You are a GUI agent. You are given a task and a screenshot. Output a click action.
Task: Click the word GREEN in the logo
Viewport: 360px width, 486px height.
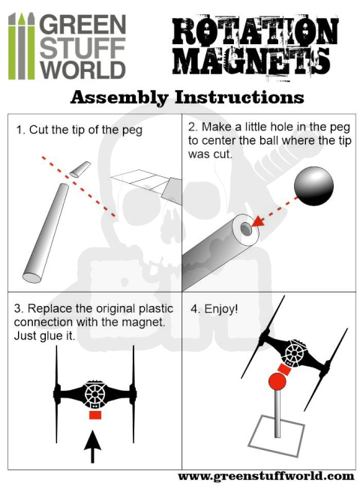(x=82, y=25)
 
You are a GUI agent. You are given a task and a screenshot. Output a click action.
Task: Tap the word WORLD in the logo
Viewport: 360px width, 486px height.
(x=82, y=70)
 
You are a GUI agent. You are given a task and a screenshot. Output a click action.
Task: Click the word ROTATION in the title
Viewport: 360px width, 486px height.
(x=255, y=31)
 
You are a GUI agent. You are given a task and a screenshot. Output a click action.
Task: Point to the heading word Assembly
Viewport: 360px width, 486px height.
(x=119, y=97)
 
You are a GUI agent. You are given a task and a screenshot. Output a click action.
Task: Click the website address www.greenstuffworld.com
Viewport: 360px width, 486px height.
(x=265, y=476)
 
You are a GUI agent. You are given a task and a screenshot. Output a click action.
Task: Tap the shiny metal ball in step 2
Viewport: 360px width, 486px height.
(x=313, y=186)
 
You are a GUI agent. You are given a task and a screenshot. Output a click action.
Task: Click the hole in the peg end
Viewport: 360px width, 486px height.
(x=246, y=229)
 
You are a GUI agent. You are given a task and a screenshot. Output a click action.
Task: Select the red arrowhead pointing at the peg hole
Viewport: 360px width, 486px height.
(x=258, y=221)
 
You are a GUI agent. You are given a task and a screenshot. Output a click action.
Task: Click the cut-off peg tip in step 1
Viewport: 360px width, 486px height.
(x=80, y=169)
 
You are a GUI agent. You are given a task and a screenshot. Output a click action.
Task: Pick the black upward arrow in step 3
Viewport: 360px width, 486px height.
(x=92, y=446)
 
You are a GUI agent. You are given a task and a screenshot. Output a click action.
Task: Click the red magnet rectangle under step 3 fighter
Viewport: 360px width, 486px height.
(x=95, y=415)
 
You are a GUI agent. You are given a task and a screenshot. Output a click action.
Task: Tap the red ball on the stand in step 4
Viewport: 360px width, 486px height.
(x=277, y=382)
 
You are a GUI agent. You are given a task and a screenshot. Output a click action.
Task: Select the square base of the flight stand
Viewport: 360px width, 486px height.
(x=276, y=436)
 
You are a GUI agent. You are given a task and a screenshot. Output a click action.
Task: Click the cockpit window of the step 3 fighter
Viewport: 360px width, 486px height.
(x=95, y=394)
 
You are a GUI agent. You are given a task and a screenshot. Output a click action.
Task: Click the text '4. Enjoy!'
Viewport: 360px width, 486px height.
(x=214, y=309)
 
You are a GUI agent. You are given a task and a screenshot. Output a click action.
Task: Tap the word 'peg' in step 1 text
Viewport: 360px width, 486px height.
(x=132, y=130)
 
